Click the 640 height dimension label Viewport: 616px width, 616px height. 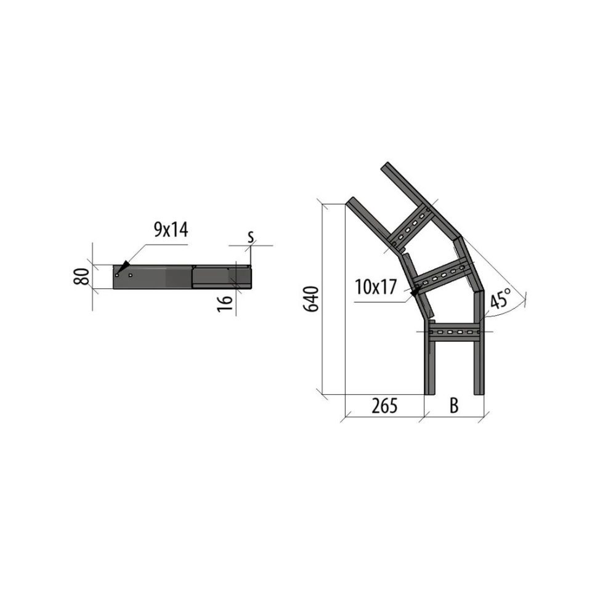coord(312,299)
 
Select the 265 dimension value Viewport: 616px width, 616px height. coord(384,405)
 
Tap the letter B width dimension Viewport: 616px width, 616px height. coord(454,405)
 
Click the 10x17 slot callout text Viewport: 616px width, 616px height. coord(376,287)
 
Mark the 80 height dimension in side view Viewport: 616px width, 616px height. coord(81,277)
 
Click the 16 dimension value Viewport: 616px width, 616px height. coord(225,304)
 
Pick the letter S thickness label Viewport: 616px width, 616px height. coord(251,237)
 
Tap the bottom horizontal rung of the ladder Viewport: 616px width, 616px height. coord(454,332)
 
